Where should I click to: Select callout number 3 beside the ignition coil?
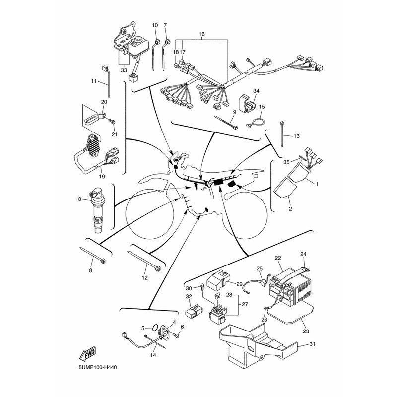click(x=80, y=199)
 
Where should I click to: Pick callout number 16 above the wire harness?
click(x=201, y=34)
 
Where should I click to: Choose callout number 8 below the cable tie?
click(x=90, y=270)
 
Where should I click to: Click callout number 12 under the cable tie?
click(x=145, y=278)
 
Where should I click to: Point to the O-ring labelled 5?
click(x=155, y=328)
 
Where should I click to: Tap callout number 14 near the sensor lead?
click(x=153, y=355)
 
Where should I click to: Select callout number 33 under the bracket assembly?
click(x=124, y=70)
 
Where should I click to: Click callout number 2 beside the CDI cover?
click(x=290, y=209)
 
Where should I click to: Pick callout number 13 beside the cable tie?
click(x=297, y=136)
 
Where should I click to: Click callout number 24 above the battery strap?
click(x=303, y=254)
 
